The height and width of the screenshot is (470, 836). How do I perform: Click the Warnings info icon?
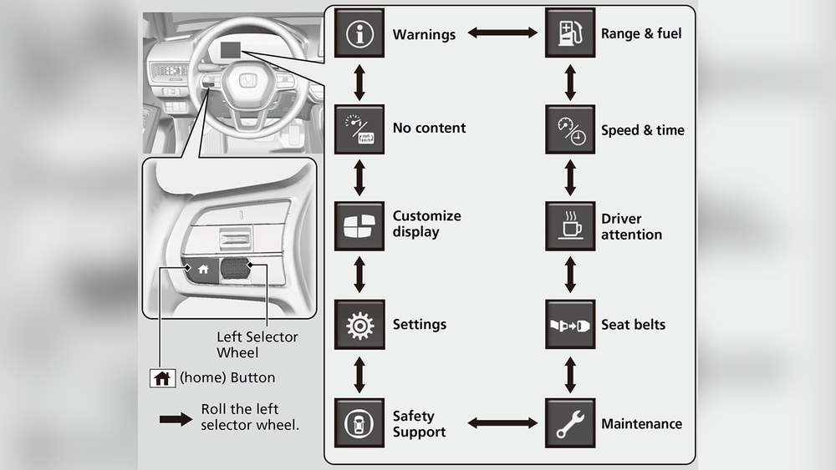(359, 33)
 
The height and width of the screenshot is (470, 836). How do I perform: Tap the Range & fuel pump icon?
(570, 33)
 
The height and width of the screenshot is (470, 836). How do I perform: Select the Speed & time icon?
(570, 129)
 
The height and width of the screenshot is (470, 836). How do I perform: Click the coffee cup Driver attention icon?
(570, 226)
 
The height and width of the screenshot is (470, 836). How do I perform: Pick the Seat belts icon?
(570, 324)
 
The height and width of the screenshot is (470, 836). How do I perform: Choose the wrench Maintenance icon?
(570, 423)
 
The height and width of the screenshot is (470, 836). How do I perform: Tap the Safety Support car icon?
(359, 423)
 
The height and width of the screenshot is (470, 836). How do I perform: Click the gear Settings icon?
(359, 324)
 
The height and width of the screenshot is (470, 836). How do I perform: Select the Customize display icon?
(359, 226)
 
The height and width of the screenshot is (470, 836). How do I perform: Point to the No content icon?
(359, 129)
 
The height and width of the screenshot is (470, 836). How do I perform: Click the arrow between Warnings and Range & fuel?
(502, 33)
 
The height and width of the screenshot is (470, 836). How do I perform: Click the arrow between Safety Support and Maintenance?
(502, 423)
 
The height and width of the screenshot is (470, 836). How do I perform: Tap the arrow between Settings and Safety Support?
(359, 375)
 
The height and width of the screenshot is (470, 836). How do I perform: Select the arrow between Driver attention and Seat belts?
(570, 275)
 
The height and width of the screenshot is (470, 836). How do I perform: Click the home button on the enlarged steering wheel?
(201, 269)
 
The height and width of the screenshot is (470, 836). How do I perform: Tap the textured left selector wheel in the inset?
(236, 269)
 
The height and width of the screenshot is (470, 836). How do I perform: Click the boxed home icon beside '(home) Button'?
(162, 377)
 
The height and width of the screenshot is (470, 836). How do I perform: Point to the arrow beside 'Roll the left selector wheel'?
(176, 418)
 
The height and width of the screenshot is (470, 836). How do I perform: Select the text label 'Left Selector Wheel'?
(257, 344)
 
